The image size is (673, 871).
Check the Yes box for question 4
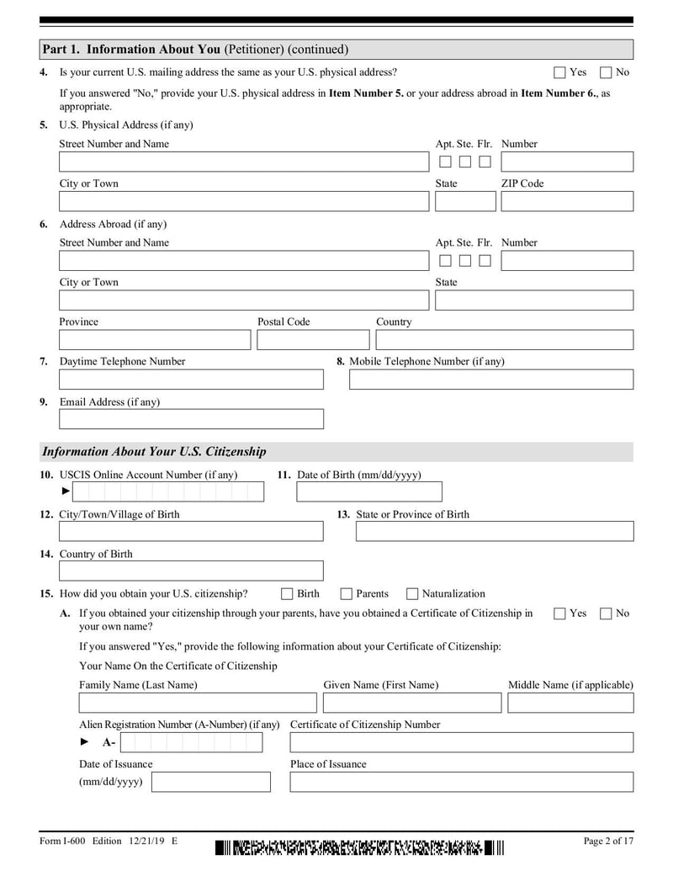559,72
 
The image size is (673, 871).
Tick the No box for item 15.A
606,613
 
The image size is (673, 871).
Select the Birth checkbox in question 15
287,594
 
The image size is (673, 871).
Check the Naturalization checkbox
412,594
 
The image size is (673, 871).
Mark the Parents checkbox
347,594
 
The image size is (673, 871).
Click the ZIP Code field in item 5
567,201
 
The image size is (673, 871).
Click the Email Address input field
191,419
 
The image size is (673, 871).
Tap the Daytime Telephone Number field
191,380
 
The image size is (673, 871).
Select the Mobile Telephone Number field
491,380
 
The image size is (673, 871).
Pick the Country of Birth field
191,571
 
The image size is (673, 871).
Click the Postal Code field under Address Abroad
313,340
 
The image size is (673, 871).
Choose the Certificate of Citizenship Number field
462,742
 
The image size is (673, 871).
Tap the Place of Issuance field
462,782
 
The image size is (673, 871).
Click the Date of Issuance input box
211,782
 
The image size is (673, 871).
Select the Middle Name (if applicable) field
570,703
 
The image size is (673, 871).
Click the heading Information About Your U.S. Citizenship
154,452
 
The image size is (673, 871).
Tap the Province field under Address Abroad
155,340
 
